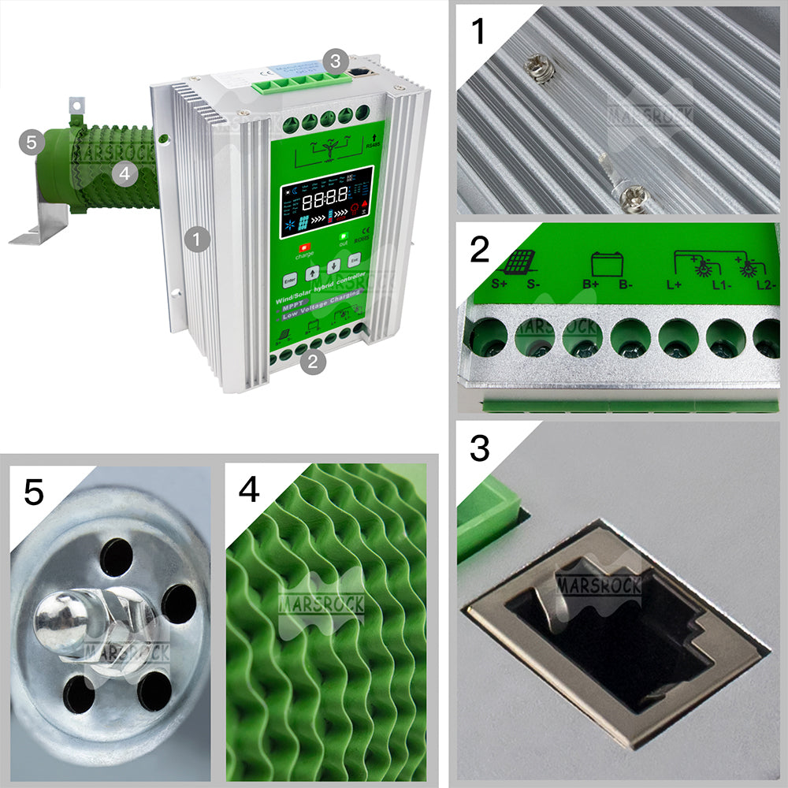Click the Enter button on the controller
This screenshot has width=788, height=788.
point(289,279)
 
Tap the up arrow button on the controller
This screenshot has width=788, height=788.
point(312,273)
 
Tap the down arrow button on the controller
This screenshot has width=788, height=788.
point(334,266)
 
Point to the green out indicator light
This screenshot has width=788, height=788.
point(343,235)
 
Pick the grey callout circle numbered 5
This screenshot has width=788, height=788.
point(31,143)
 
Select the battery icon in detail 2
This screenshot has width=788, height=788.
point(605,262)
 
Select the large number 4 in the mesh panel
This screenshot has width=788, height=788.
point(249,490)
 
